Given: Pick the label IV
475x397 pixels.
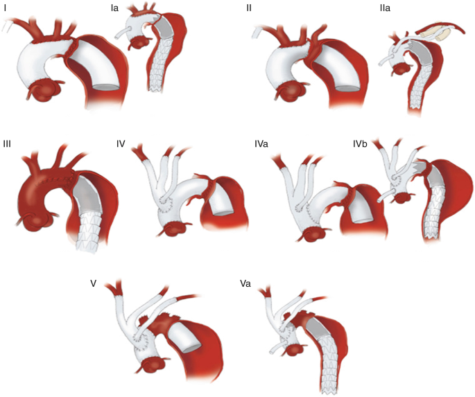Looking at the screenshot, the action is (x=121, y=144).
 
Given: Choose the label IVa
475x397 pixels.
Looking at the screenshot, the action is (x=262, y=144).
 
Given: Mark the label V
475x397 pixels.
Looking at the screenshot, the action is (x=93, y=284).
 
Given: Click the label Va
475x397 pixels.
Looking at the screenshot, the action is (x=245, y=284).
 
